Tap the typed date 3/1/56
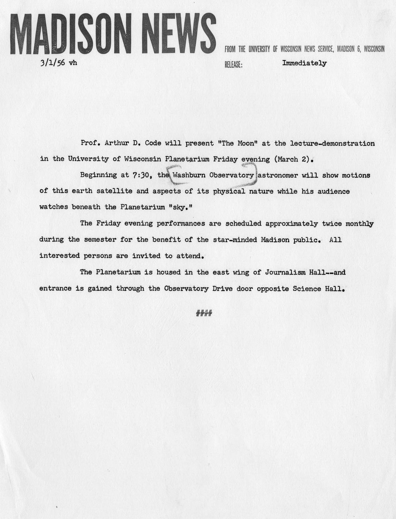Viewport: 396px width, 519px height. (53, 63)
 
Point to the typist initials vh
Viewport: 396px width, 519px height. (73, 63)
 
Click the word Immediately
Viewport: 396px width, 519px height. (304, 63)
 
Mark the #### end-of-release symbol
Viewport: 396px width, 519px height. (204, 313)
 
